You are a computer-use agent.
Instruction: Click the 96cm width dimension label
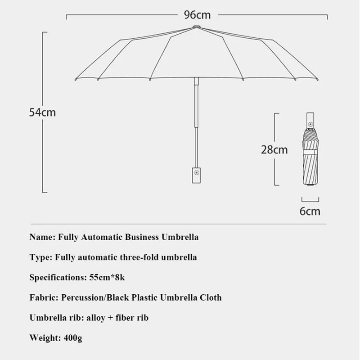(x=197, y=15)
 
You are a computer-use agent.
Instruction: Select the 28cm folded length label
(x=274, y=149)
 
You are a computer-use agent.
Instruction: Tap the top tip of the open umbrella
(x=196, y=27)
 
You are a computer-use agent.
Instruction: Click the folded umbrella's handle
(x=310, y=119)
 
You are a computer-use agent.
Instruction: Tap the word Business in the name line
(x=138, y=237)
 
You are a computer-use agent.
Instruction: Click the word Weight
(x=43, y=337)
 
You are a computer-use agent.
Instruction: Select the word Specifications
(x=56, y=277)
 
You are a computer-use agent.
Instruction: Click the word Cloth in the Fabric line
(x=209, y=297)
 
